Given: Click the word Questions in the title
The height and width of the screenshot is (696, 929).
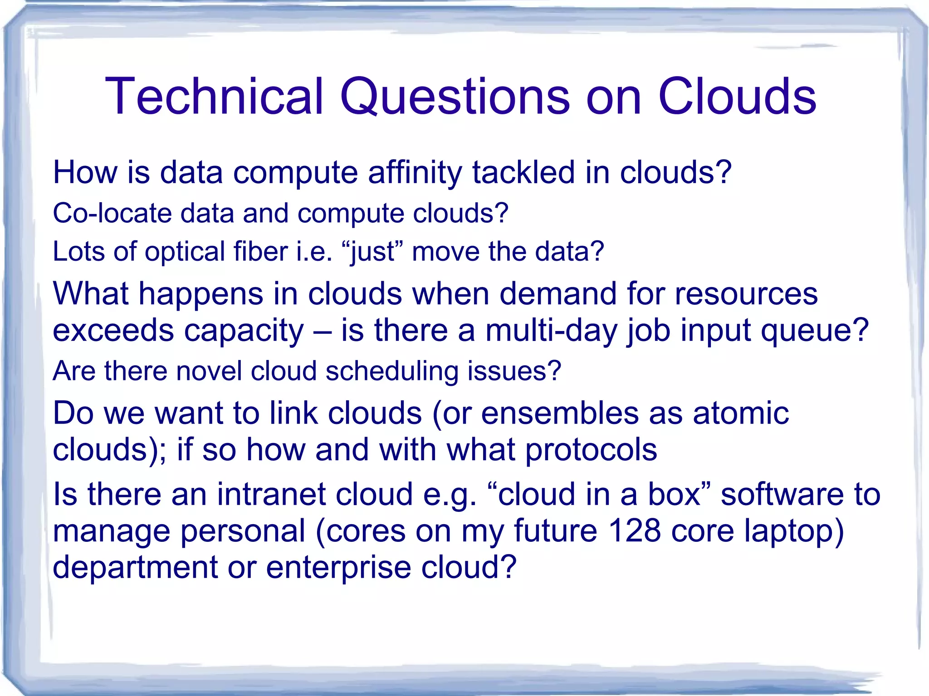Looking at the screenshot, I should point(454,96).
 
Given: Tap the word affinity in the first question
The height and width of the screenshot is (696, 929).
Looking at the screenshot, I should point(415,173).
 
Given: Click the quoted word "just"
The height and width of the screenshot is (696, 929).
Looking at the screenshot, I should point(372,252).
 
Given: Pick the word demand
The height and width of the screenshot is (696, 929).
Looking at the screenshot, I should point(558,293).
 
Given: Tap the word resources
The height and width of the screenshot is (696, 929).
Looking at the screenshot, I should point(746,294).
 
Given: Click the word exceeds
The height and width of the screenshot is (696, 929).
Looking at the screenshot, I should point(113,331).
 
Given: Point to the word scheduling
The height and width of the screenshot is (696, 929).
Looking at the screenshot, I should point(392,371).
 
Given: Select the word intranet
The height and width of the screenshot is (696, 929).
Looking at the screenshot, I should point(269,494).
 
